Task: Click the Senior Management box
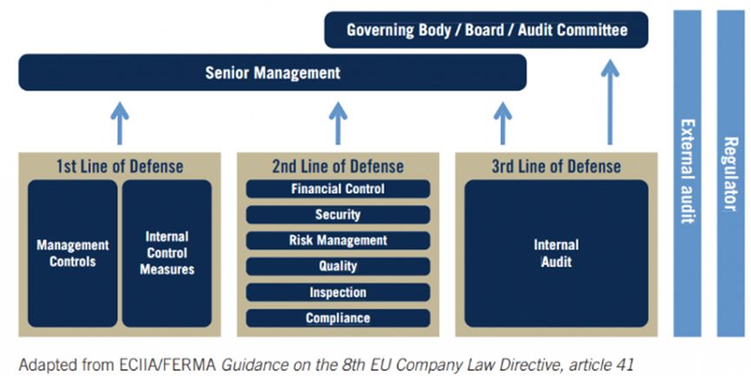[x=273, y=73]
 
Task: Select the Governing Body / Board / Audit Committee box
[x=486, y=30]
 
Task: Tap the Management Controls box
[x=73, y=253]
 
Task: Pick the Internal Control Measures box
[x=167, y=253]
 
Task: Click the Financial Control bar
[x=338, y=188]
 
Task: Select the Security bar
[x=338, y=214]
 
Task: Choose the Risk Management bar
[x=338, y=241]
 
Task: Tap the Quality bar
[x=338, y=267]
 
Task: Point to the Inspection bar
[x=338, y=293]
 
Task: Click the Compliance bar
[x=338, y=319]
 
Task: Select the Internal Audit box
[x=557, y=253]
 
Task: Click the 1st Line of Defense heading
[x=120, y=166]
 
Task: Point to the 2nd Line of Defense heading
[x=338, y=166]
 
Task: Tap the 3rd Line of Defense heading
[x=557, y=166]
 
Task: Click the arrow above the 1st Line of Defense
[x=120, y=122]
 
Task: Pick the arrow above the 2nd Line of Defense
[x=338, y=122]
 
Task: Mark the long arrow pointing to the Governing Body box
[x=610, y=100]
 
